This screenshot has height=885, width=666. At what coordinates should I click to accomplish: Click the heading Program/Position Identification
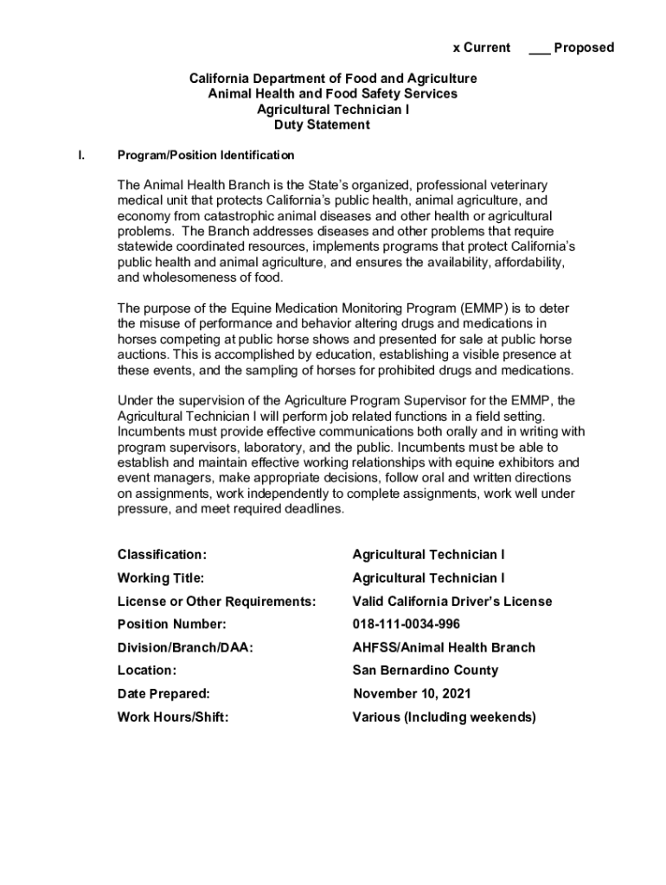(x=206, y=156)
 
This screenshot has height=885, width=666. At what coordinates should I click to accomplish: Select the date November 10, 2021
(x=413, y=693)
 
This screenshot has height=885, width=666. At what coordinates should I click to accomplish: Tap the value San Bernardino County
(x=425, y=670)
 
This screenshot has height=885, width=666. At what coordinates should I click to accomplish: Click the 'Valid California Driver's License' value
(x=451, y=601)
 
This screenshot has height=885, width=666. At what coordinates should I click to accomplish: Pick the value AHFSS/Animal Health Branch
(x=444, y=647)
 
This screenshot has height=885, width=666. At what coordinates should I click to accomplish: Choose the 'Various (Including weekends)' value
(x=444, y=716)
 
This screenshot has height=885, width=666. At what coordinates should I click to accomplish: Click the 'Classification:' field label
(x=162, y=554)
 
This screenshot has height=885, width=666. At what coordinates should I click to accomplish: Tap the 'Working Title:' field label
(x=161, y=577)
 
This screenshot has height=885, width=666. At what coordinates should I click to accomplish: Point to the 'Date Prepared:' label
(x=163, y=693)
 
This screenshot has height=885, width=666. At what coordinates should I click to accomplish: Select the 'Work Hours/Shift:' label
(x=173, y=716)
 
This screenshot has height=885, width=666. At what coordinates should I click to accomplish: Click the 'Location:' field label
(x=147, y=670)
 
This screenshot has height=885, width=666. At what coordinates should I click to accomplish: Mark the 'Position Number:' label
(x=171, y=624)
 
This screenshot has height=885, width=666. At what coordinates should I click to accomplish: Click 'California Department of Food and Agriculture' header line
(x=333, y=79)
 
